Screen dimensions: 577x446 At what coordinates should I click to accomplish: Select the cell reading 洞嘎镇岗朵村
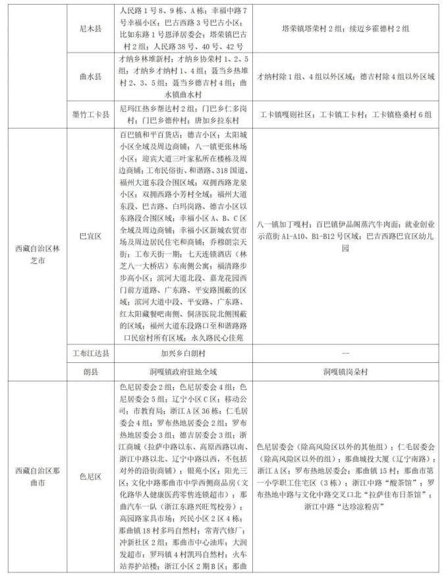click(x=345, y=371)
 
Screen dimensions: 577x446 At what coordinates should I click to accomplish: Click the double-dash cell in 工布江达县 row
click(x=345, y=353)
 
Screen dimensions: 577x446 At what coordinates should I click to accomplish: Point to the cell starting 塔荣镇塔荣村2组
click(x=345, y=29)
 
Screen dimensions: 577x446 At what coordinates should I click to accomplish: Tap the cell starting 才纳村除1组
click(x=345, y=77)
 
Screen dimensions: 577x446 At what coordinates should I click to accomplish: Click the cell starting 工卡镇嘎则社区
click(x=345, y=114)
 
